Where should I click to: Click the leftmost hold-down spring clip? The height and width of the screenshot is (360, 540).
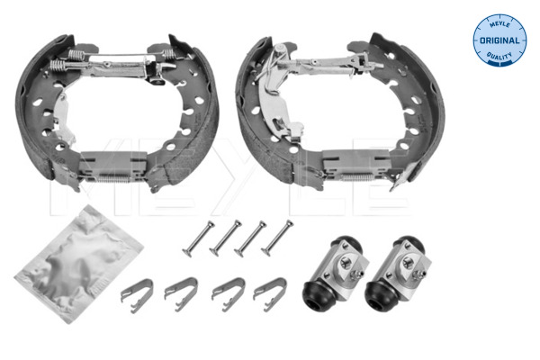135,293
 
